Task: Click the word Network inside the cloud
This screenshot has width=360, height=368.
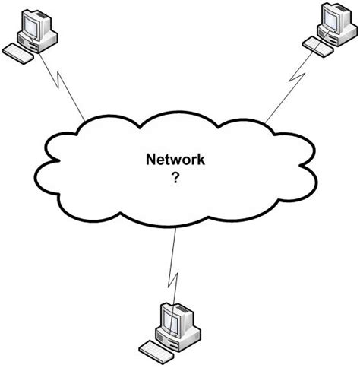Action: point(179,160)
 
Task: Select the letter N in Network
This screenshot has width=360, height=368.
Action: point(150,160)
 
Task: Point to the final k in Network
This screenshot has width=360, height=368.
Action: point(207,160)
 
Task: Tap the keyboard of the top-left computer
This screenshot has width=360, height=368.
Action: point(20,53)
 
